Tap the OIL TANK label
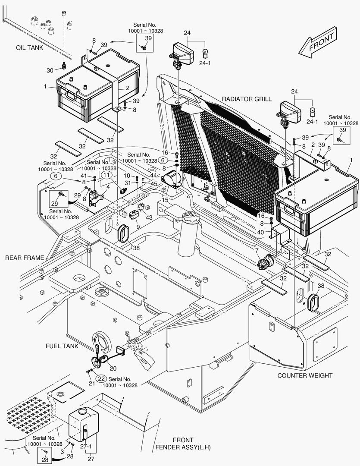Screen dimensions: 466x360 tap(30, 48)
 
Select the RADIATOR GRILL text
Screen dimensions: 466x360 tap(247, 99)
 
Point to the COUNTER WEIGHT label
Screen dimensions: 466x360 tap(304, 375)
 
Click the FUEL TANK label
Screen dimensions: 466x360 tap(62, 346)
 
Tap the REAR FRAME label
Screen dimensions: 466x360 tap(25, 258)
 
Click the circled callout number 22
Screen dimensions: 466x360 tap(101, 378)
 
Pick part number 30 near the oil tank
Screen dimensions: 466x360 tap(50, 70)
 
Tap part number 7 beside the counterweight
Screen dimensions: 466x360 tap(257, 251)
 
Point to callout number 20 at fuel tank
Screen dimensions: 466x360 tap(113, 368)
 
